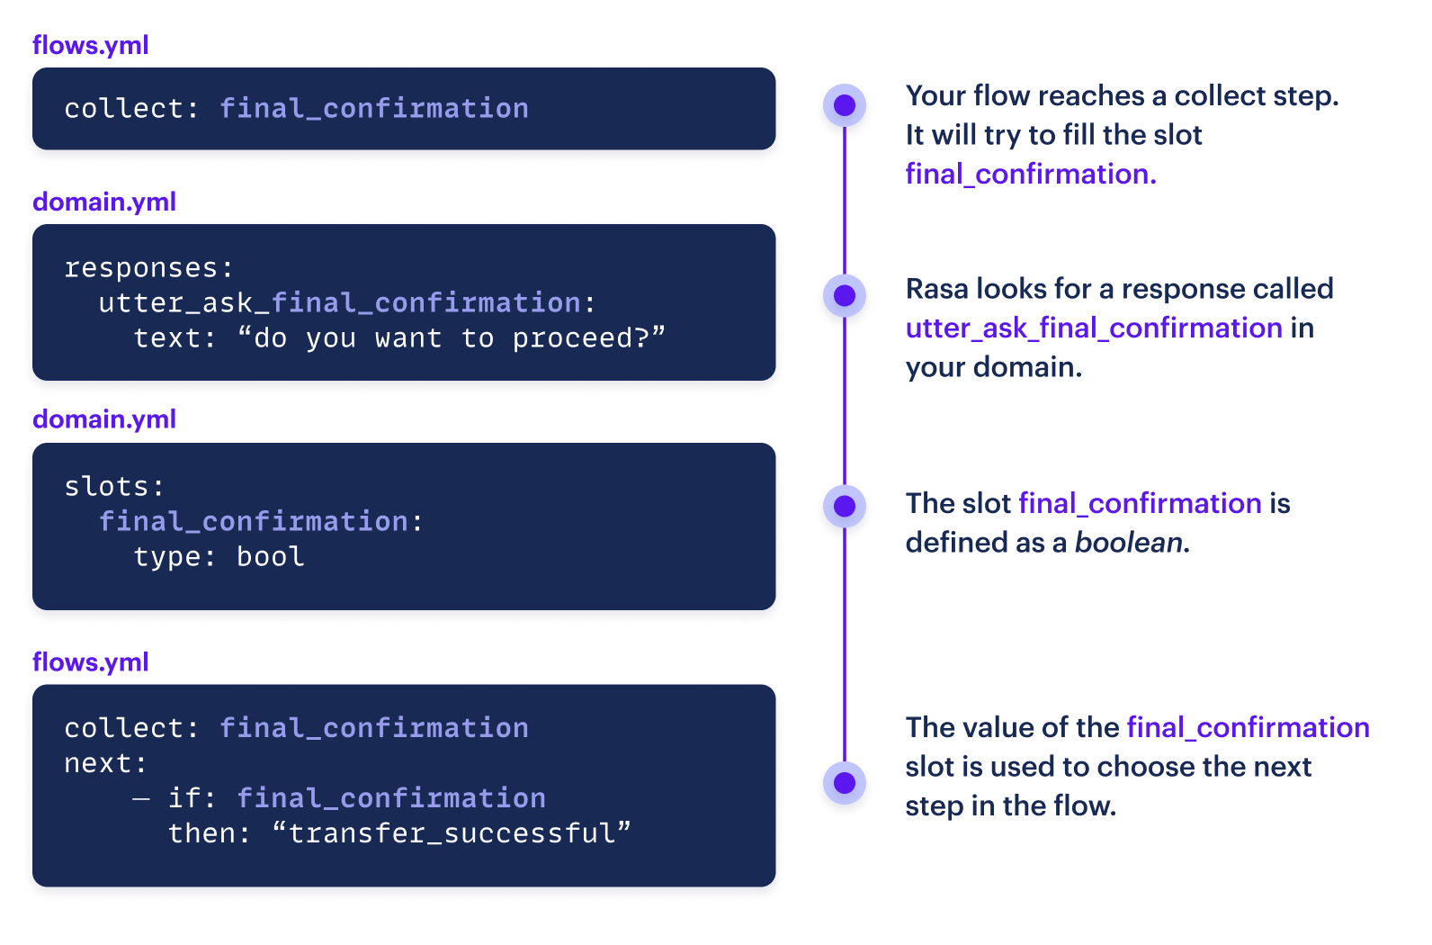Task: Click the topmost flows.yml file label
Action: [x=90, y=45]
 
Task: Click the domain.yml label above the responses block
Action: [x=103, y=202]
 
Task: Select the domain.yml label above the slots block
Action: [x=103, y=419]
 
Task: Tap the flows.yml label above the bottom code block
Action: [x=90, y=662]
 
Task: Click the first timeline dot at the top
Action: [x=844, y=105]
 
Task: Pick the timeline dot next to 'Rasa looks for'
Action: [x=844, y=295]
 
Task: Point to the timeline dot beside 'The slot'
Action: [x=844, y=506]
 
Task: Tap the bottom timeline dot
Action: [x=844, y=782]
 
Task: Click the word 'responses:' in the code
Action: [x=148, y=268]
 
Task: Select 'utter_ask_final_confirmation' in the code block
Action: [x=340, y=303]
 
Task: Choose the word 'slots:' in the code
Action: [x=114, y=487]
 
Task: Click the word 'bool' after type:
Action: [x=270, y=557]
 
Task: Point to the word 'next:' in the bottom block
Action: [x=105, y=763]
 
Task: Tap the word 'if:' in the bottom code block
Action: [x=192, y=798]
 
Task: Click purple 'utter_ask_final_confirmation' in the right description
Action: [x=1093, y=328]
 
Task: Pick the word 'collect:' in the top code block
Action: [x=131, y=109]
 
